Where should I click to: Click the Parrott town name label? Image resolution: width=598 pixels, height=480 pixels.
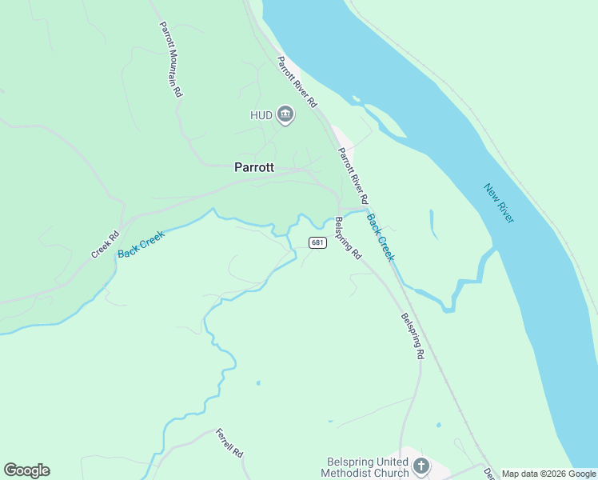254,167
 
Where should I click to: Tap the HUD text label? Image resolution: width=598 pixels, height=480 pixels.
261,115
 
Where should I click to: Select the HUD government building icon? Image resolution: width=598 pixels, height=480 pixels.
285,115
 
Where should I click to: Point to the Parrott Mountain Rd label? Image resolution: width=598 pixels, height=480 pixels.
170,59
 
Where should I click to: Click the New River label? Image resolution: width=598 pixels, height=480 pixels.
499,203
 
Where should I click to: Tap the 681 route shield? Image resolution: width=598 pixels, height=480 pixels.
318,242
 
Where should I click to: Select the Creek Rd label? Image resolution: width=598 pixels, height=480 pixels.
105,245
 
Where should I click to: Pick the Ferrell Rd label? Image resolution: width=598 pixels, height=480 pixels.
229,442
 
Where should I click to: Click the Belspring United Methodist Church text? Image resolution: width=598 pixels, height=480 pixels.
369,467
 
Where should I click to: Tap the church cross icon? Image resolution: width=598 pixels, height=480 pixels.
421,465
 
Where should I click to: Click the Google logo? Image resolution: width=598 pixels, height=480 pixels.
26,470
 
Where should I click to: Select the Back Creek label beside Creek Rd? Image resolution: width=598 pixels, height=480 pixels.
141,244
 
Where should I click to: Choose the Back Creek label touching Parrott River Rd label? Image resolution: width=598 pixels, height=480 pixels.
381,237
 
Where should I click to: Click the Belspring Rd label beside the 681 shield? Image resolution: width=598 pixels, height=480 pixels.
349,238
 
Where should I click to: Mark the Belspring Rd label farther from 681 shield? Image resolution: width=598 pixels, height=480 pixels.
413,336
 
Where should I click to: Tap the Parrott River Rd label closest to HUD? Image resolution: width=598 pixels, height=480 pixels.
297,82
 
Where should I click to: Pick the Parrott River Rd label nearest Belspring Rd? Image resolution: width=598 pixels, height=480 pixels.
353,175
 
